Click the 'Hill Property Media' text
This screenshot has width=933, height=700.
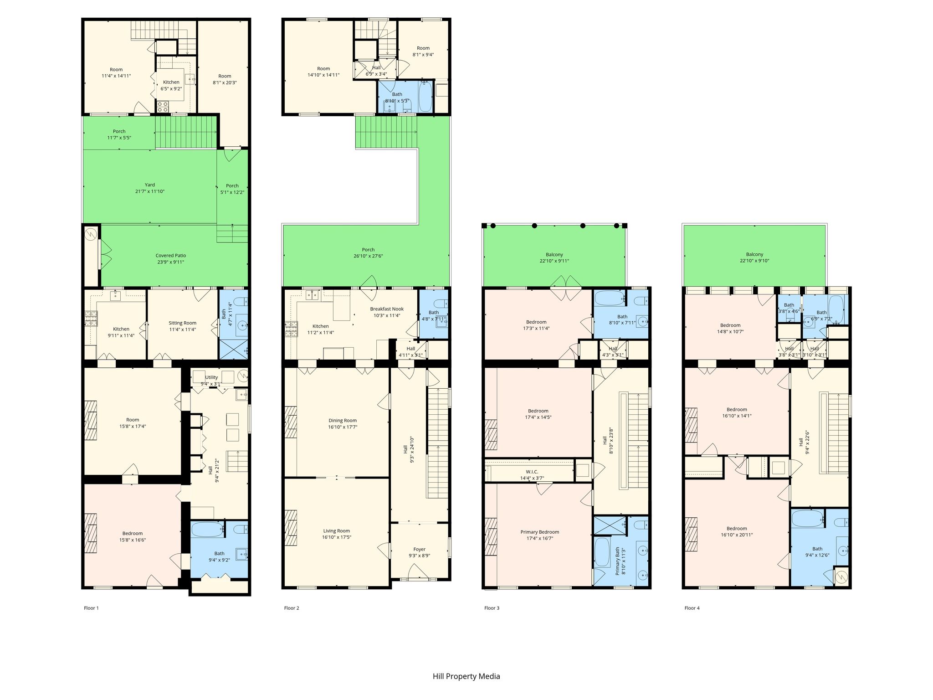(466, 676)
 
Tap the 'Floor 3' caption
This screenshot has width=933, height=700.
(492, 608)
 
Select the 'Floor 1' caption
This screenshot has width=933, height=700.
(91, 608)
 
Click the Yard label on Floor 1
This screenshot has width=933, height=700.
(150, 185)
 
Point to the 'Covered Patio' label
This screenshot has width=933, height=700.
(171, 256)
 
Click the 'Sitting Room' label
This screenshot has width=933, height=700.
(183, 323)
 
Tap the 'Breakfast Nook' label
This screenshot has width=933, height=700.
(387, 309)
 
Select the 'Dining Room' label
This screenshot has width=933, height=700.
(343, 421)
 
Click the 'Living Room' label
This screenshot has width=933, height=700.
(337, 531)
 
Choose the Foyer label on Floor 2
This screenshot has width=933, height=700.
(420, 549)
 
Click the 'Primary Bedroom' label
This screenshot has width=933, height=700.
(540, 532)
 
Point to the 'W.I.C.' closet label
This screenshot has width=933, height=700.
(532, 472)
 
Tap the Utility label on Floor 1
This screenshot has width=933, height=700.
(211, 377)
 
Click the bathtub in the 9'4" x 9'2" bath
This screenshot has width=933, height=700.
(207, 530)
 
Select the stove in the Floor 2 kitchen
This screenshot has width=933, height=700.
(290, 329)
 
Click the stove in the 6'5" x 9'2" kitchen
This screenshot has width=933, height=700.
(163, 107)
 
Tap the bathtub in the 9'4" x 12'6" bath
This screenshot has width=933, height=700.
(807, 518)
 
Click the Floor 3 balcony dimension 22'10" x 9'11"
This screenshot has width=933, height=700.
(554, 261)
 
